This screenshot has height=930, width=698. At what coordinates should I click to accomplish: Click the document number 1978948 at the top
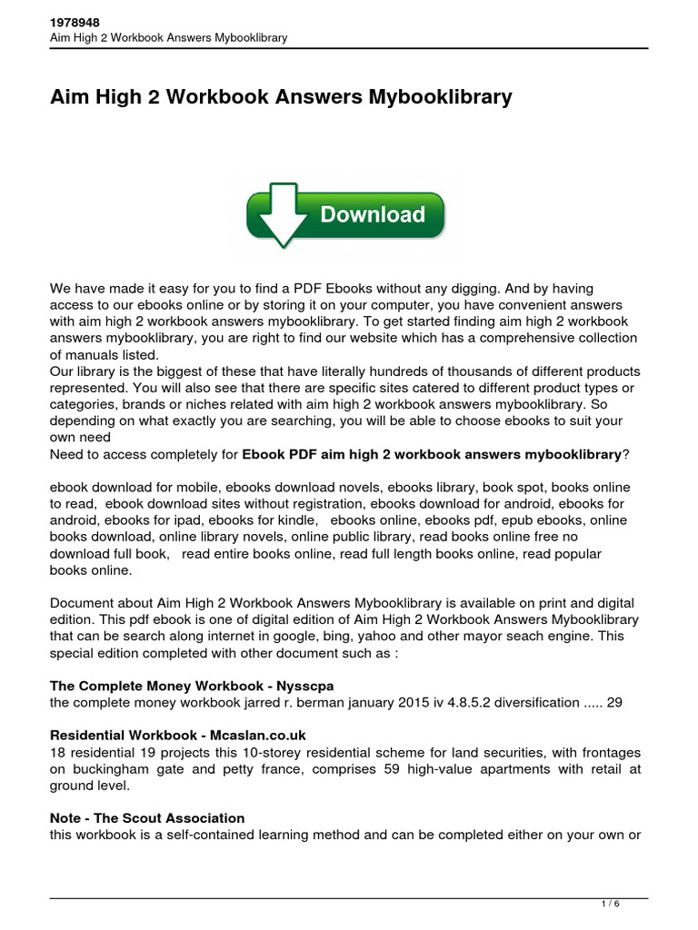point(74,22)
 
